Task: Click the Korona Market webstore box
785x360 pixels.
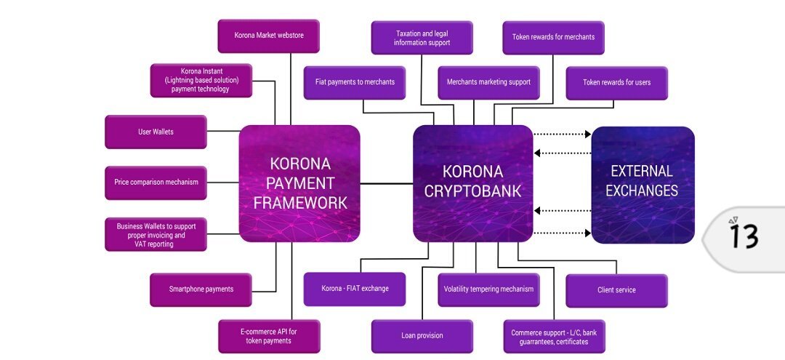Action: pos(268,36)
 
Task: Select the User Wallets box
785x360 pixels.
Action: pos(156,132)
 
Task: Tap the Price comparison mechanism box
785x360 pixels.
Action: pos(156,183)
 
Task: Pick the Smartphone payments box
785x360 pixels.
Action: pos(201,290)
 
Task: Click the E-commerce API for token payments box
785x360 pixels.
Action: pos(269,337)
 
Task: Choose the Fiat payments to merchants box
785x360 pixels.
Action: pos(355,83)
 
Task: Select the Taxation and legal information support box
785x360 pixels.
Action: pos(422,38)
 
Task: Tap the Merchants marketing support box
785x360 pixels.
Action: pos(488,83)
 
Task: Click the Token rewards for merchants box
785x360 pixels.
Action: pos(553,38)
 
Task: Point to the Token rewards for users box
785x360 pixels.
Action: pos(617,83)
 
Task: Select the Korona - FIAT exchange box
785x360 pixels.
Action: pos(355,289)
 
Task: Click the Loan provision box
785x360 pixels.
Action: pos(422,337)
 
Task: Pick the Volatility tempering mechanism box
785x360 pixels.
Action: pos(488,290)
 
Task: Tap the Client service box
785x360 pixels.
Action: pos(617,291)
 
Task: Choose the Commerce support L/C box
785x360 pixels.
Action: pos(554,337)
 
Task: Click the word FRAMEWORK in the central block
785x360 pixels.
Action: pos(300,203)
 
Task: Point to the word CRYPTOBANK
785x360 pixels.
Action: pos(472,191)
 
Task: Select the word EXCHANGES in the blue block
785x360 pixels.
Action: pos(642,191)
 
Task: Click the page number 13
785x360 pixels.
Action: pos(744,236)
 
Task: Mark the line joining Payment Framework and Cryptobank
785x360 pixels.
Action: pos(387,184)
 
